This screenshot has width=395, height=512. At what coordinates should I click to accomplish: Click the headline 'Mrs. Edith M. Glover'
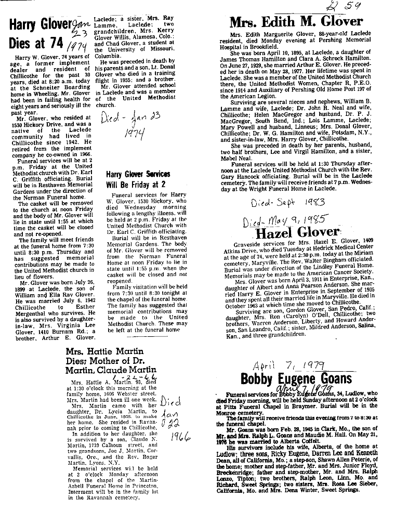click(296, 22)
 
